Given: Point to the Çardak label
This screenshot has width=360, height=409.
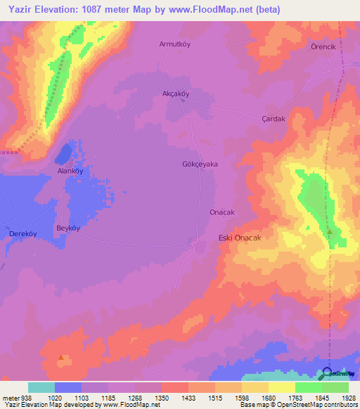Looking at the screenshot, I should coord(274,119).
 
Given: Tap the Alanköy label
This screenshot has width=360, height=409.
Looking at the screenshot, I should coord(70,171).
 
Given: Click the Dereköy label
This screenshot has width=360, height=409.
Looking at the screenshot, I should coord(22,233).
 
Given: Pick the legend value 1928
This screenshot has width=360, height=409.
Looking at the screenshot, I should coord(348,398).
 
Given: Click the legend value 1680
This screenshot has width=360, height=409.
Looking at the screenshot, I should coord(268,398).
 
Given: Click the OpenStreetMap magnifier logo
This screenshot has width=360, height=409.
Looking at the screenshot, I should coord(327,374).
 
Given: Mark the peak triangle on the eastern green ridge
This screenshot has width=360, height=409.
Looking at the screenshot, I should coord(328,230).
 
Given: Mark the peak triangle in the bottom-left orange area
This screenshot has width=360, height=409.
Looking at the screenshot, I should coord(62,357).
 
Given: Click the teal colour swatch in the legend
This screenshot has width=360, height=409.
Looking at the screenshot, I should coord(41,387).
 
